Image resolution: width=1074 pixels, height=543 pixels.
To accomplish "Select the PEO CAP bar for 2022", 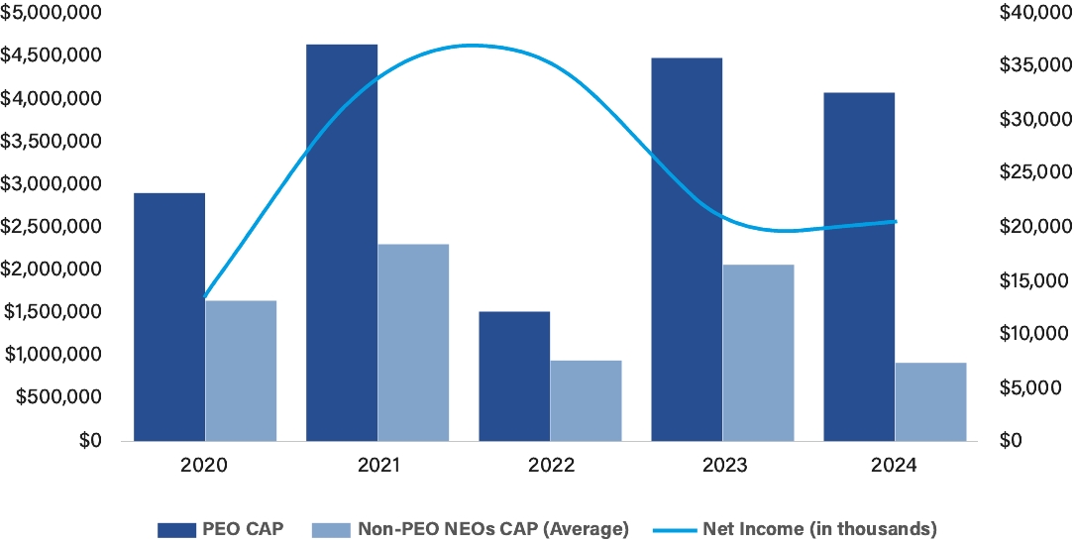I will click(514, 377).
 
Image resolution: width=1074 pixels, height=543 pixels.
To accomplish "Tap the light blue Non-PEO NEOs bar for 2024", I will click(930, 402).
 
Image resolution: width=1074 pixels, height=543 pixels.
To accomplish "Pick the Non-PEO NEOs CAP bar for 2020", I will click(241, 371).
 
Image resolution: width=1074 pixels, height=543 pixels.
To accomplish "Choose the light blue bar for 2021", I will click(413, 342).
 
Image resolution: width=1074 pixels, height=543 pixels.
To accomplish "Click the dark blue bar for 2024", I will click(859, 267).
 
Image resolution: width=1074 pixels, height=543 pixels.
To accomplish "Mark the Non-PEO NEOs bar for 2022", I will click(586, 400).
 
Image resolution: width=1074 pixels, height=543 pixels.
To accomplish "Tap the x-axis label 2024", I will click(894, 465).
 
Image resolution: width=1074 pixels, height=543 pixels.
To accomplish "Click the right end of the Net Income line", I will click(897, 221).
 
